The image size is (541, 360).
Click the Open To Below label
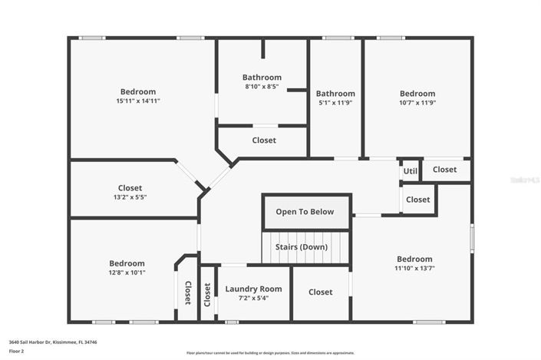coord(305,212)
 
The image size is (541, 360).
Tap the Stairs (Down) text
coord(305,247)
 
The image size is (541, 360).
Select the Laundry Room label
coord(253,289)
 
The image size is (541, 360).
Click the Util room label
coord(411,171)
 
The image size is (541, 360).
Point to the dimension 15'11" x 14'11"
coord(138,101)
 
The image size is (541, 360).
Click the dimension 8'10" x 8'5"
coord(262,88)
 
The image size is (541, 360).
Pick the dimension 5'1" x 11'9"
coord(335,103)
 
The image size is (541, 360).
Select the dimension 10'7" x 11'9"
coord(417,103)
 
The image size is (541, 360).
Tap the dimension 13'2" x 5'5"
coord(130,197)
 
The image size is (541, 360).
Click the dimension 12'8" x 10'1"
coord(127,272)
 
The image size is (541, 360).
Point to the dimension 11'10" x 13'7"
coord(414,269)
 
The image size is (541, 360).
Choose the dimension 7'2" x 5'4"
coord(253,299)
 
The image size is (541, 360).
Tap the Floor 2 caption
coord(16,352)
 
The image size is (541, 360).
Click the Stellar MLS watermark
coord(524,180)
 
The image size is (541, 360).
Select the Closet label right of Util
coord(444,170)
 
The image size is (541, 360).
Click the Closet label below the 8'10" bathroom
coord(264,140)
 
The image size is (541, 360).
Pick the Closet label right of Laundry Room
coord(321,292)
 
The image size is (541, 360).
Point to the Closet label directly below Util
coord(418,200)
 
